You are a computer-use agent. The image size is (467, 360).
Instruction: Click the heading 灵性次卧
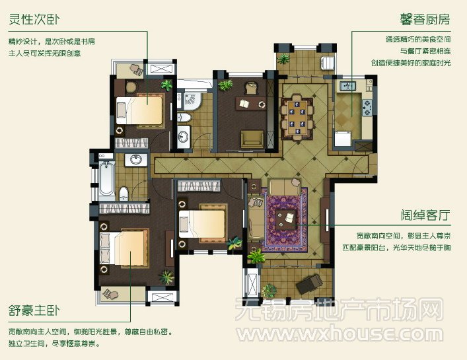[x=34, y=19]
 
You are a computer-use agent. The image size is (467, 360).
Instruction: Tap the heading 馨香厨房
[x=425, y=19]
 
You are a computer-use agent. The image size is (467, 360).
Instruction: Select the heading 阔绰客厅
[x=425, y=215]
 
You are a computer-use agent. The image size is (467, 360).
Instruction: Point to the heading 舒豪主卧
[x=34, y=310]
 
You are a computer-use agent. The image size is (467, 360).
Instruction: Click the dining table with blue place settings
[x=297, y=118]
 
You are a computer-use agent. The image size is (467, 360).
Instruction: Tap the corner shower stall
[x=192, y=100]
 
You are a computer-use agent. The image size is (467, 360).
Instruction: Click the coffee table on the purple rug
[x=286, y=219]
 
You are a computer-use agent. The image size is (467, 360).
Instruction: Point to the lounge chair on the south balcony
[x=309, y=284]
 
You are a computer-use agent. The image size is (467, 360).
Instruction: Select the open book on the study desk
[x=244, y=104]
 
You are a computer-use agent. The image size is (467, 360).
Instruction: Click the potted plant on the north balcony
[x=283, y=59]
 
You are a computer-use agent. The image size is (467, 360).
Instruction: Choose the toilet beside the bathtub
[x=124, y=194]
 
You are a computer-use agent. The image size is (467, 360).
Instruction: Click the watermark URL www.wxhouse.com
[x=340, y=333]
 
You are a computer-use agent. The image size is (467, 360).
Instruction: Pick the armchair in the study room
[x=252, y=139]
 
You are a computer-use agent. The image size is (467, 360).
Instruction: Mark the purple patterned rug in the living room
[x=284, y=220]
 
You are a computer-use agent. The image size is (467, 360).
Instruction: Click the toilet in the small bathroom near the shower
[x=184, y=118]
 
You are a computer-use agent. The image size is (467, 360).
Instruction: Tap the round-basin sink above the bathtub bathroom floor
[x=136, y=160]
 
